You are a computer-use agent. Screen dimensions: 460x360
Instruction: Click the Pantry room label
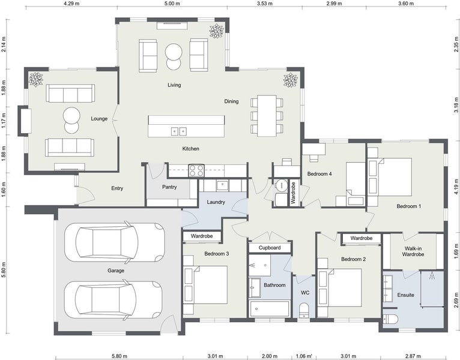pyautogui.click(x=169, y=187)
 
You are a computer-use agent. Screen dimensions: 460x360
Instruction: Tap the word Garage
pyautogui.click(x=115, y=271)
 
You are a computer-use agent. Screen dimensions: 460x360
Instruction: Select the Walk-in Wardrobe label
pyautogui.click(x=413, y=251)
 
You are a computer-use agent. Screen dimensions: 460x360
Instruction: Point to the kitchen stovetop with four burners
pyautogui.click(x=196, y=170)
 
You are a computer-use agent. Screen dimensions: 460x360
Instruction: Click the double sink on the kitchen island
pyautogui.click(x=179, y=131)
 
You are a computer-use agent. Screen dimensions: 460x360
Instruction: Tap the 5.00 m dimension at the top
pyautogui.click(x=172, y=4)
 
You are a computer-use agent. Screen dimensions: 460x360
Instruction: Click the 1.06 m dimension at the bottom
pyautogui.click(x=304, y=356)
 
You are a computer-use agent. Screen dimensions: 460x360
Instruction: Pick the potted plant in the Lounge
pyautogui.click(x=36, y=79)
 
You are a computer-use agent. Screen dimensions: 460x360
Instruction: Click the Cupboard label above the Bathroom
pyautogui.click(x=270, y=248)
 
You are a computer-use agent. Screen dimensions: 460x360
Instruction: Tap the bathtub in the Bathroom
pyautogui.click(x=270, y=308)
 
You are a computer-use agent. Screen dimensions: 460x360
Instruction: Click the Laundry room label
pyautogui.click(x=216, y=202)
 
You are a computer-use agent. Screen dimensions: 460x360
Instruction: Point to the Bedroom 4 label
pyautogui.click(x=319, y=174)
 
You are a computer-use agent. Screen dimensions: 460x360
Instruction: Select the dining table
pyautogui.click(x=267, y=116)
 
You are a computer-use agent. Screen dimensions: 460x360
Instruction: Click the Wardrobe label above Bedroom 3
pyautogui.click(x=202, y=236)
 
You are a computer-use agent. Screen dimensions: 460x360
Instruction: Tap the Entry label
pyautogui.click(x=117, y=188)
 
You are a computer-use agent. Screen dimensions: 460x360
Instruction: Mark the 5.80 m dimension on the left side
pyautogui.click(x=4, y=270)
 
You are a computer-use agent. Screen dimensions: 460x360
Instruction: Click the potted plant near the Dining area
pyautogui.click(x=291, y=80)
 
